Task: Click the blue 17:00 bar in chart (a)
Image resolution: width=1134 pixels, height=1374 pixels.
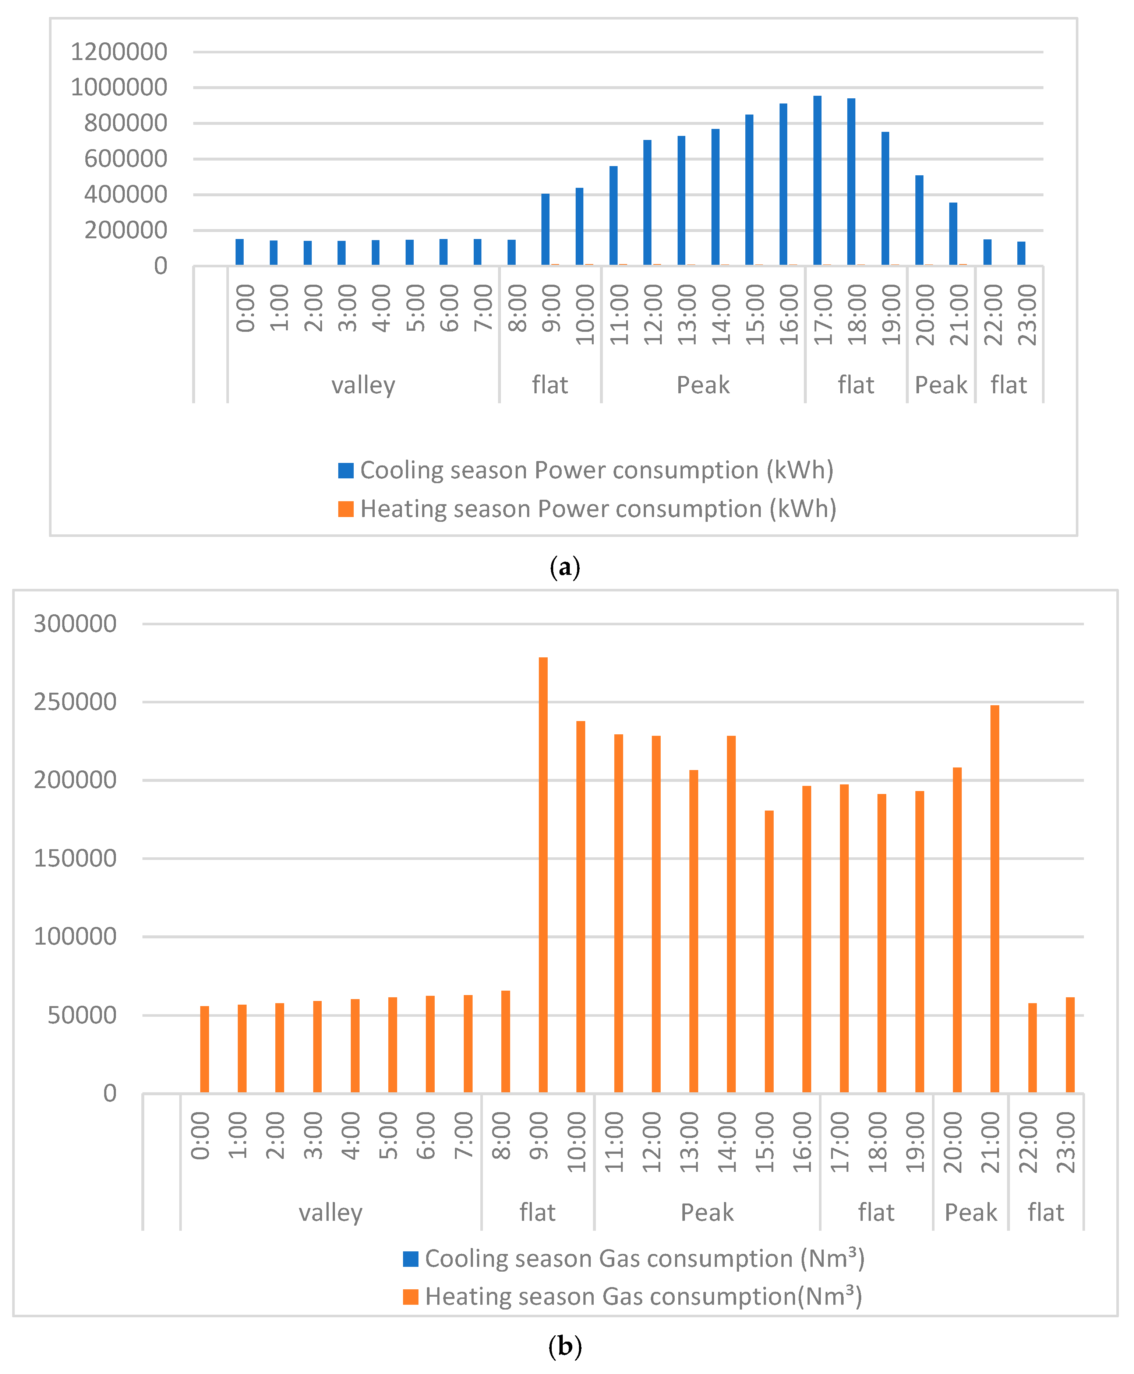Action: coord(817,180)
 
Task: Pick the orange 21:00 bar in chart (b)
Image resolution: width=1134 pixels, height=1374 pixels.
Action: coord(995,899)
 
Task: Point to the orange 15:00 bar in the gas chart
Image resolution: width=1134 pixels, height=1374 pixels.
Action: coord(770,952)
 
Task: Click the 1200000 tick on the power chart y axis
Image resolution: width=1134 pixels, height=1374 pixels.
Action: coord(119,52)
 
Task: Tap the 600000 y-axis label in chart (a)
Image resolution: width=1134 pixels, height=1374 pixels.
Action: coord(126,159)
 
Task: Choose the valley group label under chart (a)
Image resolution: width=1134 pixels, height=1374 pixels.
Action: coord(363,385)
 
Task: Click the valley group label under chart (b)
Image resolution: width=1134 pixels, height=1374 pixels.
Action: coord(331,1213)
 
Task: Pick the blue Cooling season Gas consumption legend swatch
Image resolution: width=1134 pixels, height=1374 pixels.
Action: coord(411,1259)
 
